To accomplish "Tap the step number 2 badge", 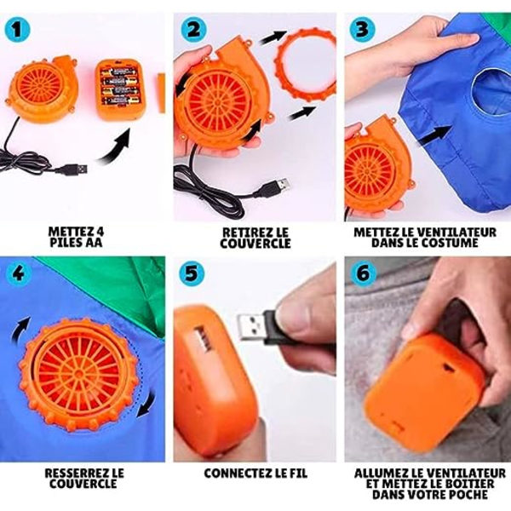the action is point(193,29).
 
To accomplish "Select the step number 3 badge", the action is point(362,29).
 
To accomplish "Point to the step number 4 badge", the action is point(19,273).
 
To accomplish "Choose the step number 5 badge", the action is point(192,273).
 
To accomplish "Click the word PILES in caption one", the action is point(64,243).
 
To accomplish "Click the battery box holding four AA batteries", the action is point(120,89).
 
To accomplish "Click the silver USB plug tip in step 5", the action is point(251,326).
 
